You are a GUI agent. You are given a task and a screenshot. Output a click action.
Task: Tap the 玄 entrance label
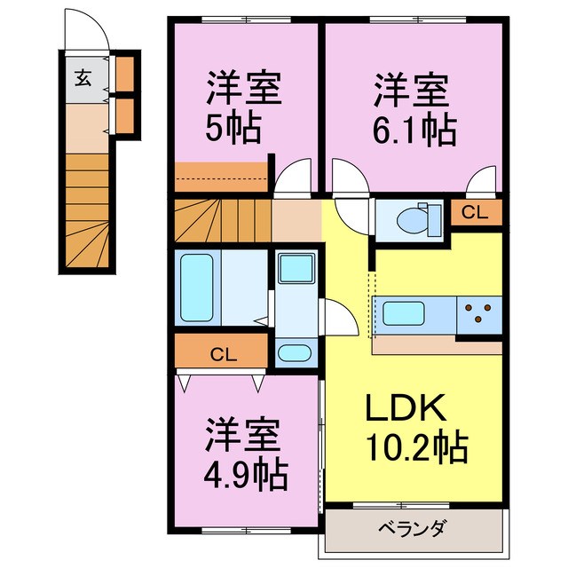pos(82,77)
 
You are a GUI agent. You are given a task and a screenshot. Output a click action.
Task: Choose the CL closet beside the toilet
pos(475,213)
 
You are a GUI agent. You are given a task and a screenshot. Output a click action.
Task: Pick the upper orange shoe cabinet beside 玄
pos(125,75)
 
